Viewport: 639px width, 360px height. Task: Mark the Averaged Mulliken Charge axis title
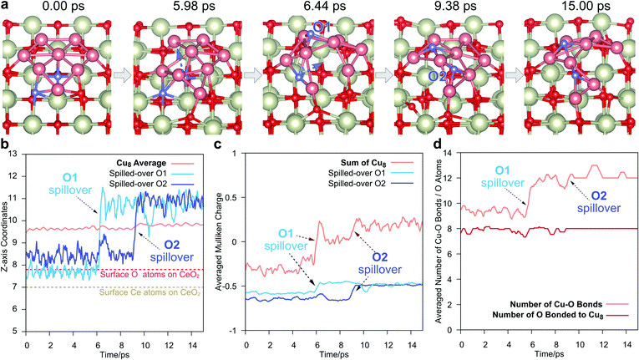(x=221, y=241)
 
